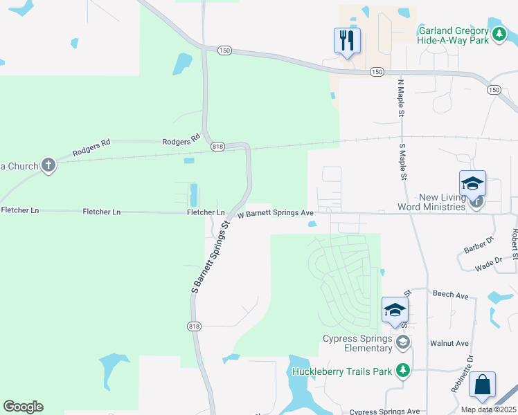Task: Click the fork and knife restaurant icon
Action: coord(347,40)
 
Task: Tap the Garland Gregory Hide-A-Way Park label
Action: coord(454,35)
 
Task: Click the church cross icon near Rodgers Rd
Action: coord(48,165)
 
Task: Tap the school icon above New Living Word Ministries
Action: coord(472,183)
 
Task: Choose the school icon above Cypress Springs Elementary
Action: coord(395,309)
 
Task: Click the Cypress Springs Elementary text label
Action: coord(357,343)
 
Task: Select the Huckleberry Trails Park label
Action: coord(342,371)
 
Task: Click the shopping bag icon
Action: coord(482,385)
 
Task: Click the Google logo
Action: coord(23,407)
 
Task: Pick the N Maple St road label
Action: coord(400,97)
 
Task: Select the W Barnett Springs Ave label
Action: coord(276,214)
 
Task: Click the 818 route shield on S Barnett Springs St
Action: coord(194,326)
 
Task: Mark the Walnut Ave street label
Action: coord(449,343)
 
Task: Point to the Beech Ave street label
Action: coord(451,295)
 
